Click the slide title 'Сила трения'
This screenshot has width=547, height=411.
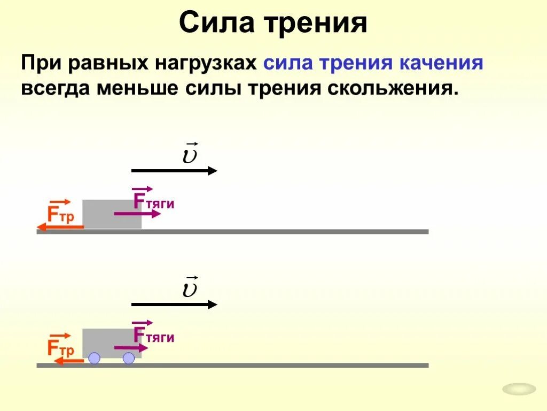click(273, 24)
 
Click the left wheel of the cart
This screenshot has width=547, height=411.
click(94, 358)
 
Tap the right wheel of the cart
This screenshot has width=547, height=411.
click(129, 358)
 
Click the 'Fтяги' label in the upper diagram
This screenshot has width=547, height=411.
click(153, 201)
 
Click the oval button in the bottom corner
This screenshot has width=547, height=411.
click(519, 389)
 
